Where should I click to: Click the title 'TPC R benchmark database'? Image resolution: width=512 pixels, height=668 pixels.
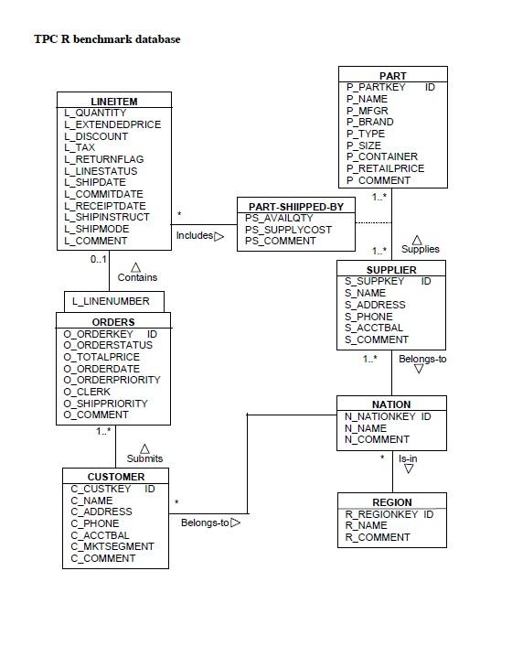(107, 39)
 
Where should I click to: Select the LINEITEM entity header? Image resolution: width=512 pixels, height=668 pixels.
(113, 100)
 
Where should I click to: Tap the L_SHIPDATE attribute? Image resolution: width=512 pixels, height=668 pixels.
(95, 182)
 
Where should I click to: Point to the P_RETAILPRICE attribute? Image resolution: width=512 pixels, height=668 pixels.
(385, 168)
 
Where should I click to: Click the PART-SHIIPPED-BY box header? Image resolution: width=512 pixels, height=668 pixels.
(295, 207)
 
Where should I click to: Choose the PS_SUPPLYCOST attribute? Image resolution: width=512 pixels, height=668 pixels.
(288, 230)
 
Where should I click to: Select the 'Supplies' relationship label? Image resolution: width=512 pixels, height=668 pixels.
(420, 249)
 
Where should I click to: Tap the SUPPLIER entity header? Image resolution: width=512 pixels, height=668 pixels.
(391, 270)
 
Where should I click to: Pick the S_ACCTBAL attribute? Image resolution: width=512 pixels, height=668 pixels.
(373, 328)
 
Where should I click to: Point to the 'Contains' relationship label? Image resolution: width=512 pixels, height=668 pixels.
(137, 277)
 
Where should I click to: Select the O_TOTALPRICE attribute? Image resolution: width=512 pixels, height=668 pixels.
(101, 357)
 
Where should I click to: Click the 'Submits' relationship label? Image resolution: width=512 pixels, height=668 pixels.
(144, 458)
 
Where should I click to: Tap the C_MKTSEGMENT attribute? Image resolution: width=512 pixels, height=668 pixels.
(112, 546)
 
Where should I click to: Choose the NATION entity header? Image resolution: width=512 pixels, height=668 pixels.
(391, 404)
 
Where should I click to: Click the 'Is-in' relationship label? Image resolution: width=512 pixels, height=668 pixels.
(408, 458)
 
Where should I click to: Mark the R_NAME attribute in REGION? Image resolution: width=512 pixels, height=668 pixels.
(366, 526)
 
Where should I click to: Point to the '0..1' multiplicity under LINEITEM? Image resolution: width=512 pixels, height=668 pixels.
(99, 260)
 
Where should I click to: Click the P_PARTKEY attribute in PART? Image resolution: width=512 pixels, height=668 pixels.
(374, 88)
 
